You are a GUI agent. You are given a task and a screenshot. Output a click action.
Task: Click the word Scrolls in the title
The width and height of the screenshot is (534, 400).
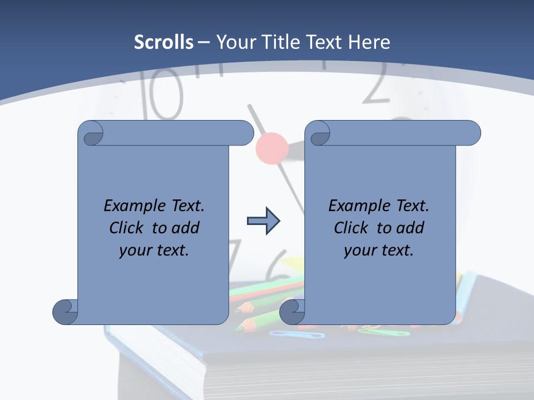pyautogui.click(x=164, y=42)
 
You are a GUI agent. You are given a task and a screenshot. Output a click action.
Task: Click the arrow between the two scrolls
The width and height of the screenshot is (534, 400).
pyautogui.click(x=263, y=221)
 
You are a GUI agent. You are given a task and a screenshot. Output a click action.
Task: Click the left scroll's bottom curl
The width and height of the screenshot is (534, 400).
pyautogui.click(x=66, y=312)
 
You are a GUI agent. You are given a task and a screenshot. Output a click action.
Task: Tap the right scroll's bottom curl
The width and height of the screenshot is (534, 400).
pyautogui.click(x=292, y=312)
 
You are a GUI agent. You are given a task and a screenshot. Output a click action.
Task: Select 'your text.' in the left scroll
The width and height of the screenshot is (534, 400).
pyautogui.click(x=154, y=250)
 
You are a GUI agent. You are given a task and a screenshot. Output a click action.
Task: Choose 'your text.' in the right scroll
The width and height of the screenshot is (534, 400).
pyautogui.click(x=379, y=250)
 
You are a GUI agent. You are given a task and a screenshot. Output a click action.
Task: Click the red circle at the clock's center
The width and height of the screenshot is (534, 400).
pyautogui.click(x=272, y=147)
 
